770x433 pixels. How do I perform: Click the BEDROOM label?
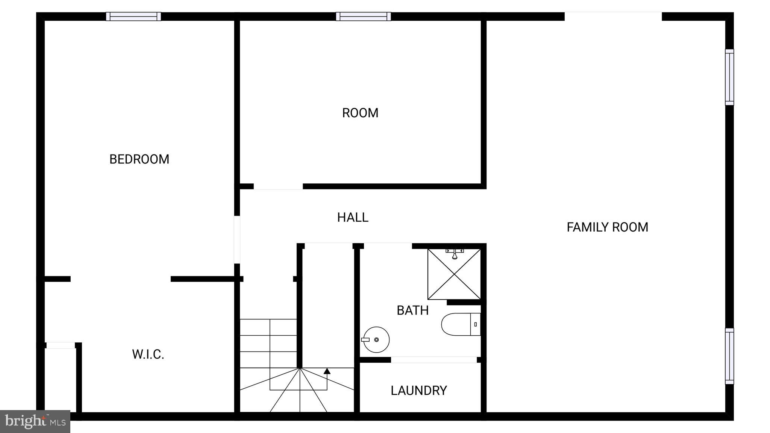coord(139,159)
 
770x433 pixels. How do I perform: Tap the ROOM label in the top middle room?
coord(360,113)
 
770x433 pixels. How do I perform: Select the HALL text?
coord(352,218)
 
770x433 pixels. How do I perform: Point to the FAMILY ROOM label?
coord(607,227)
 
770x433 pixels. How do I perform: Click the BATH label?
coord(412,310)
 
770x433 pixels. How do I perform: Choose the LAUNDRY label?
coord(418,391)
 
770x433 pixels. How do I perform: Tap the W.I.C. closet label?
coord(148,354)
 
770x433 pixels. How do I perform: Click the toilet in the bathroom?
coord(461,324)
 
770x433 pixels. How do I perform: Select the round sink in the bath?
coord(376,339)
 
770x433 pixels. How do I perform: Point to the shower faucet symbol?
coord(455,254)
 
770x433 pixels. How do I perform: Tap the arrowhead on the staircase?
coord(327,371)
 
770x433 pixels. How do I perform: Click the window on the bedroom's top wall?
coord(133,17)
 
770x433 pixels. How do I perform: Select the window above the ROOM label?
coord(363,17)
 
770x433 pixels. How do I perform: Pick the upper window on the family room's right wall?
coord(729,77)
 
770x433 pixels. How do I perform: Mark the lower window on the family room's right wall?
coord(729,356)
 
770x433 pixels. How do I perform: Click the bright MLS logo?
coord(35,421)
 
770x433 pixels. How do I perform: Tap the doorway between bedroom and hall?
coord(237,239)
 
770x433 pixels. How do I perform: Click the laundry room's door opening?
coord(434,360)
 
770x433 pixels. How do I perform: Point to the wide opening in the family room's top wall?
coord(613,17)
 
